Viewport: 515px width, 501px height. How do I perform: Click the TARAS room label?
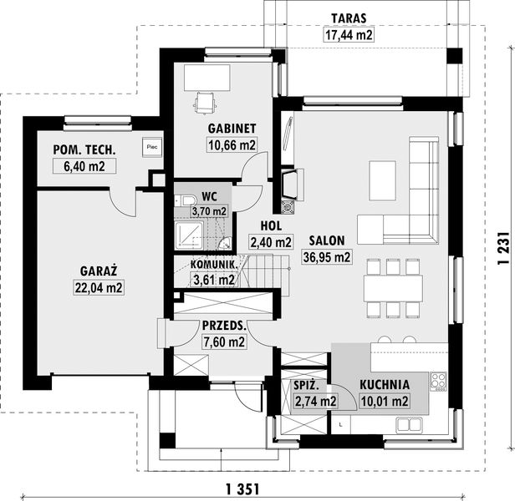tap(349, 18)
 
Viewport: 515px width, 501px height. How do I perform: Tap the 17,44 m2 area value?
tap(349, 35)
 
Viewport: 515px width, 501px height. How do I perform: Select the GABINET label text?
tap(232, 129)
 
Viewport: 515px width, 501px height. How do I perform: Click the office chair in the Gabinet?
tap(205, 103)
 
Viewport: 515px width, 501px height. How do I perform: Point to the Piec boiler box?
tap(152, 147)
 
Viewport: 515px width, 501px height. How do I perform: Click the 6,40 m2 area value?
tap(84, 166)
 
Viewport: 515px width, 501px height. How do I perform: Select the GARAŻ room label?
tap(99, 271)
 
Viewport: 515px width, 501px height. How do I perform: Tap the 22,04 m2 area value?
tap(99, 288)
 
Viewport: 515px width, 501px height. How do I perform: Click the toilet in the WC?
tap(185, 200)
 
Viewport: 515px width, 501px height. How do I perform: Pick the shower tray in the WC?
tap(189, 235)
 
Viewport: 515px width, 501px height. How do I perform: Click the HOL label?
tap(271, 226)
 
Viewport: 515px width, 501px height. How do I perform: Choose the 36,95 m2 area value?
tap(327, 257)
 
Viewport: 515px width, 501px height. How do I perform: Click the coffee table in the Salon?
tap(382, 180)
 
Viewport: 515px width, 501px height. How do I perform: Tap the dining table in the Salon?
tap(393, 288)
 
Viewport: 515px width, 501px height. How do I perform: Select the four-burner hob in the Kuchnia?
tap(438, 382)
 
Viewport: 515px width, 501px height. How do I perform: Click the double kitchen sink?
tap(410, 425)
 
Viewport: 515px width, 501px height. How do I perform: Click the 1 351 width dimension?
tap(242, 489)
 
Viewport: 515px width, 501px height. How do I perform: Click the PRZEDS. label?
tap(224, 326)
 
